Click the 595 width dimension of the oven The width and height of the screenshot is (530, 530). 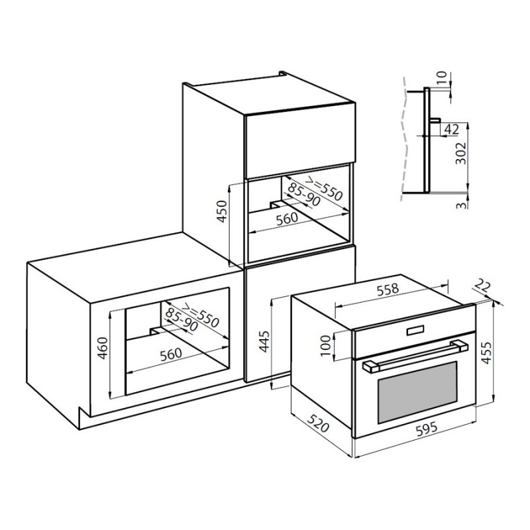(x=426, y=429)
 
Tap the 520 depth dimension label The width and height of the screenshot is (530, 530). (x=318, y=422)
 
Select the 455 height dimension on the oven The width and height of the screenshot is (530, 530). (x=486, y=353)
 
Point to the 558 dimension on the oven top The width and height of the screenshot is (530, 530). (x=388, y=290)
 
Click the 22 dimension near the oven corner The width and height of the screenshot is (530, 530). (x=482, y=286)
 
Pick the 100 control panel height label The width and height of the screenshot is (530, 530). (x=325, y=345)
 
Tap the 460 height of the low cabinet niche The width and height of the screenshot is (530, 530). (x=102, y=348)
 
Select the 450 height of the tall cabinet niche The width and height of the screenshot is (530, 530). (x=221, y=211)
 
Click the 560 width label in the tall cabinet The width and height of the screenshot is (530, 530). (x=287, y=219)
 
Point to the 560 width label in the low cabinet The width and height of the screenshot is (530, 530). (x=171, y=354)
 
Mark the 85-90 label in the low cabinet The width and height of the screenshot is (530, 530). (x=182, y=320)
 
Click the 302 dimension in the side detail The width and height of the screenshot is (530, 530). (x=460, y=153)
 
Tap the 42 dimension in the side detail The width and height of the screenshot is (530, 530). (x=451, y=129)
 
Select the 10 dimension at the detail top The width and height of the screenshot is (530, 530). (x=442, y=78)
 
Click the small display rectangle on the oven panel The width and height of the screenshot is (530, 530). (x=415, y=330)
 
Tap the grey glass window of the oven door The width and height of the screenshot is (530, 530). (x=417, y=392)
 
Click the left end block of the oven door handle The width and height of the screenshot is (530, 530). (x=371, y=367)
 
